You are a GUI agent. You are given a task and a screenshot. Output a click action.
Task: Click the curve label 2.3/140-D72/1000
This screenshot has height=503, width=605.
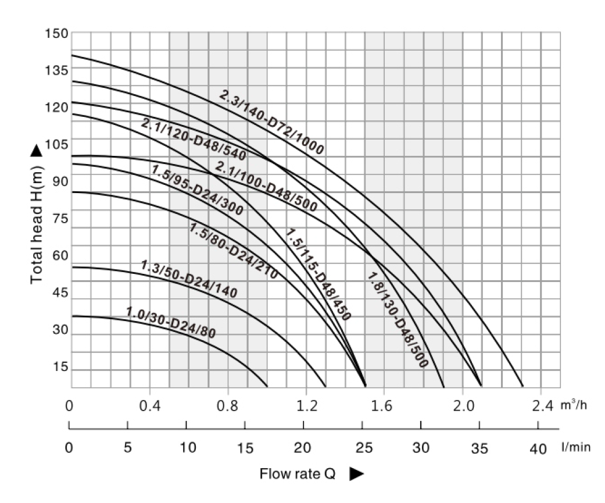(272, 122)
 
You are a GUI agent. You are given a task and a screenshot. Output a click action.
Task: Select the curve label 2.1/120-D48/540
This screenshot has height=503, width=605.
(194, 140)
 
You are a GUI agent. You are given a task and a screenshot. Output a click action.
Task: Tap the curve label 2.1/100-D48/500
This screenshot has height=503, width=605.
(266, 186)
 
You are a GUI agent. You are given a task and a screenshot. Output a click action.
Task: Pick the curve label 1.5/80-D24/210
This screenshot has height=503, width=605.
(234, 250)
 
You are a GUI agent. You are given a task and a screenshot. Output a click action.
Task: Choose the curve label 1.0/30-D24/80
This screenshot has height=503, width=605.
(170, 321)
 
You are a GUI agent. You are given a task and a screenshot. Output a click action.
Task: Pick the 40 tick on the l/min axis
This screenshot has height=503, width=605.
(538, 448)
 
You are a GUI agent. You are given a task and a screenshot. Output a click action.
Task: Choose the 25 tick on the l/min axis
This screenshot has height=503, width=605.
(363, 448)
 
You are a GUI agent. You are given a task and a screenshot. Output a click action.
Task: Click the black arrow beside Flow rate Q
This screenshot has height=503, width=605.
(356, 475)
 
